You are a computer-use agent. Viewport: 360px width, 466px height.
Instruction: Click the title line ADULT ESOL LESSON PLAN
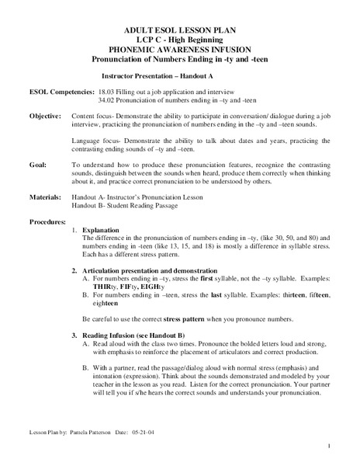(x=179, y=30)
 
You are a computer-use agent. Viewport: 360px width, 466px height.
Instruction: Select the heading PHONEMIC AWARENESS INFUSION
(x=179, y=48)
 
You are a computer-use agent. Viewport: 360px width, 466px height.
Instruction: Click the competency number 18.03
(x=106, y=92)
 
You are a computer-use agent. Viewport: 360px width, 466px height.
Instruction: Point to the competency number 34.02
(x=106, y=100)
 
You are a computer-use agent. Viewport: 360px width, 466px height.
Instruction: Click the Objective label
(x=46, y=115)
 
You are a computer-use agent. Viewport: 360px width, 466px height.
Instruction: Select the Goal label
(x=37, y=165)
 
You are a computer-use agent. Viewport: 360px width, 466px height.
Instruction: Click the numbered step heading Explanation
(x=101, y=231)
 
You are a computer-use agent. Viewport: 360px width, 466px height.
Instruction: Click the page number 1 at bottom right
(x=329, y=446)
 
